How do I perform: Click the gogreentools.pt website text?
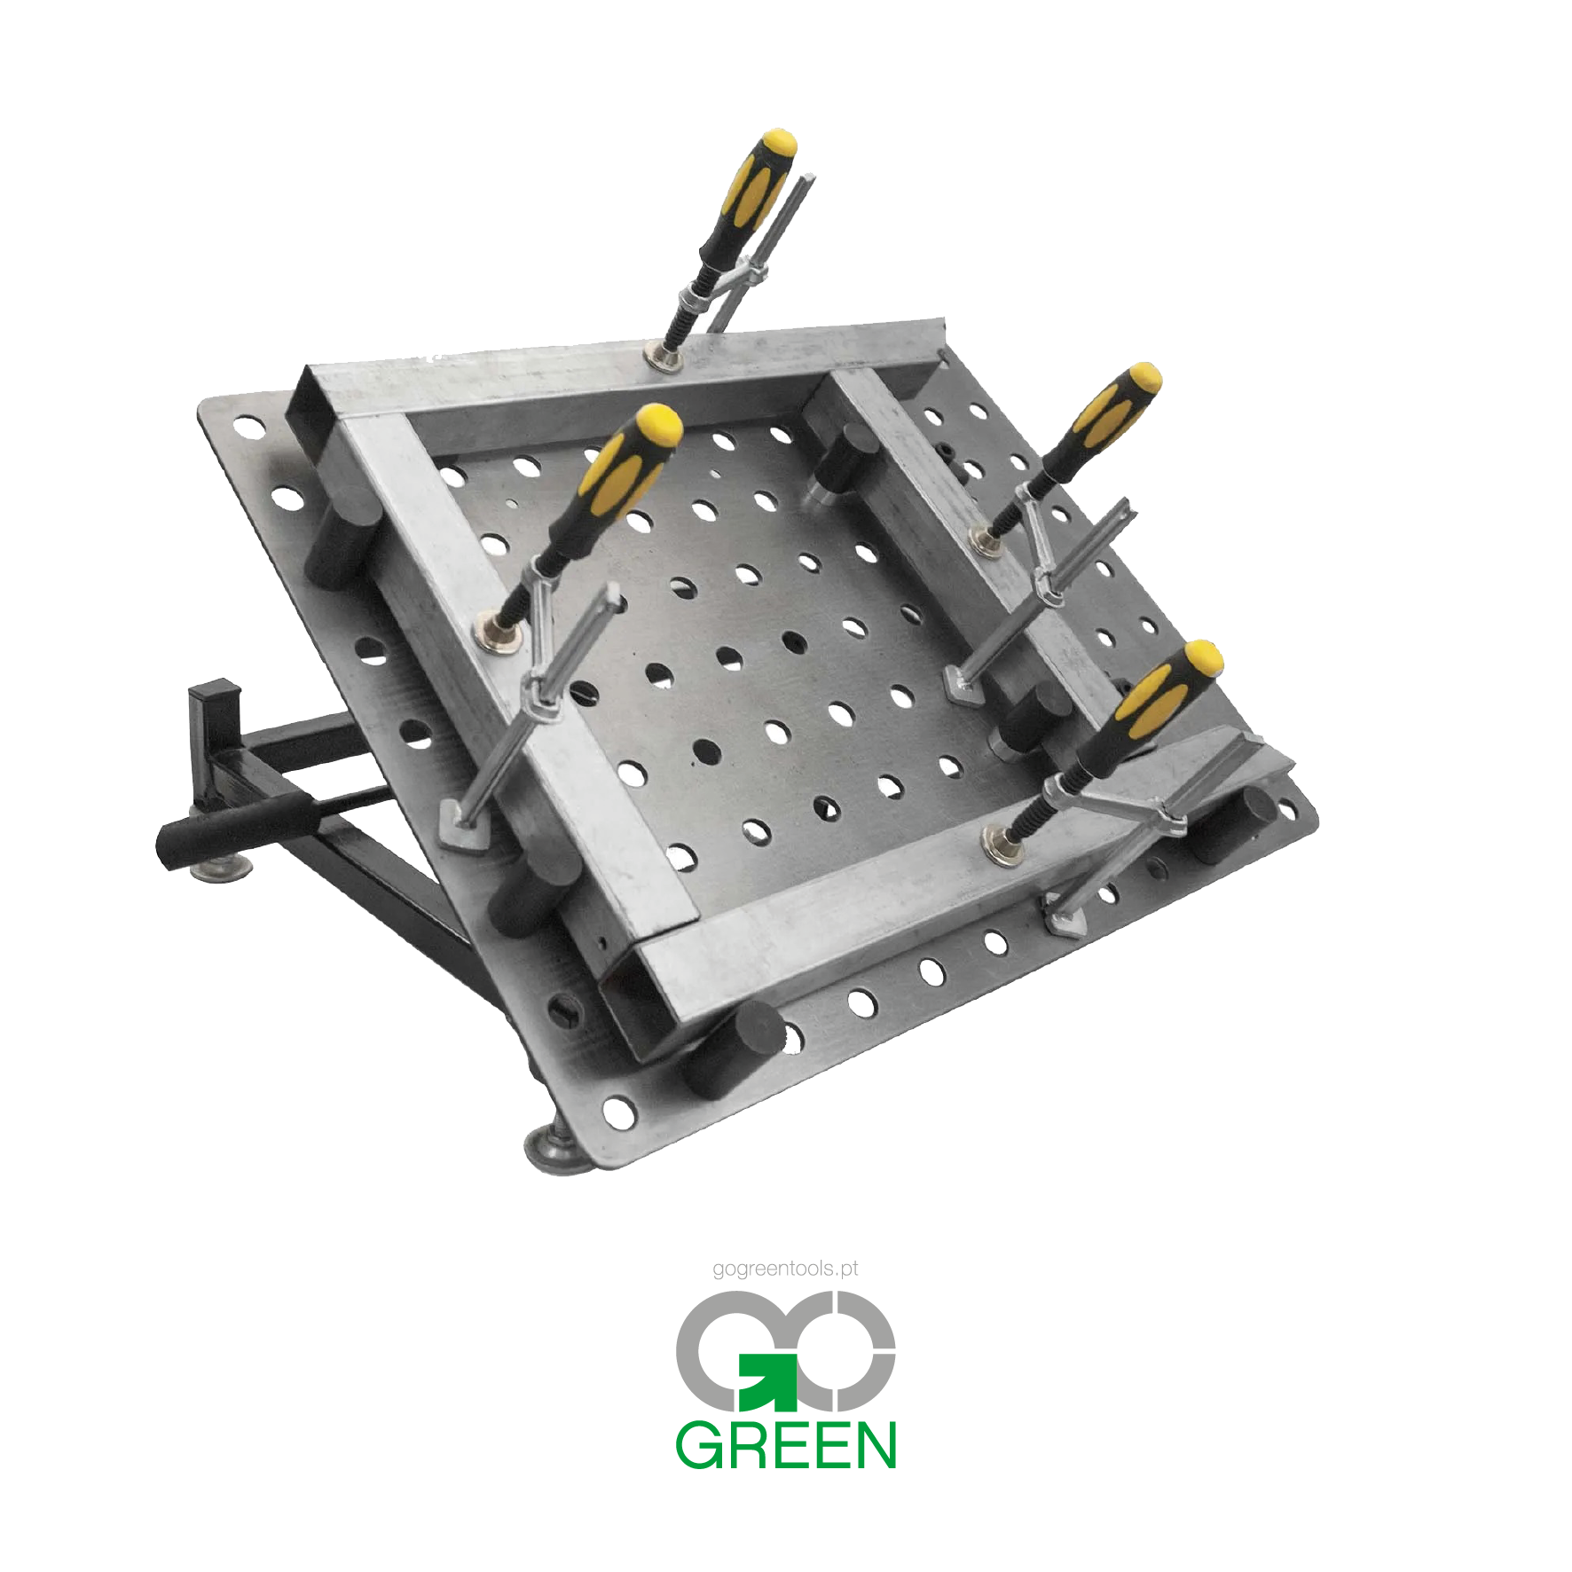click(785, 1269)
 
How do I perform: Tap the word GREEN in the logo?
click(786, 1445)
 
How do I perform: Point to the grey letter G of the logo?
click(727, 1350)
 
